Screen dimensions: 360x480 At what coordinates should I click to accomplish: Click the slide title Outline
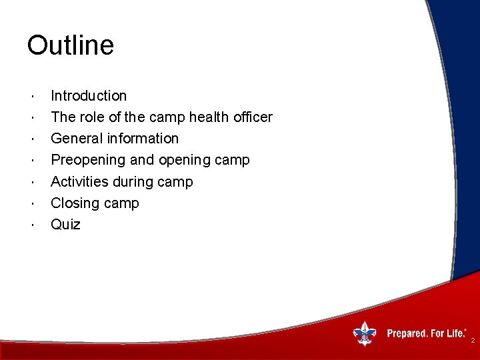coord(71,45)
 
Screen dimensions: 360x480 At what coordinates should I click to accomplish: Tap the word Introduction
coord(89,96)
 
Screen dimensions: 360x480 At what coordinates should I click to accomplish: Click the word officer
coord(252,117)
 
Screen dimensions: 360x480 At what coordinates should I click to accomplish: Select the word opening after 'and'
coord(188,161)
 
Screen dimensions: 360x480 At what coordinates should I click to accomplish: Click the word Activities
coord(79,182)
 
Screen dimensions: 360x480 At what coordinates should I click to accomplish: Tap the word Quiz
coord(65,225)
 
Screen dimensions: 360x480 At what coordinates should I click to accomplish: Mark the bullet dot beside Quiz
coord(33,225)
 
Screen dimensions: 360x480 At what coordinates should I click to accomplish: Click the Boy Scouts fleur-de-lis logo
coord(365,333)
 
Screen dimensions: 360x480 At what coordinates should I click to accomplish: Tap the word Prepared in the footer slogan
coord(407,333)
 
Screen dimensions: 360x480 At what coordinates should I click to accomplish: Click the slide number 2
coord(473,341)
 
